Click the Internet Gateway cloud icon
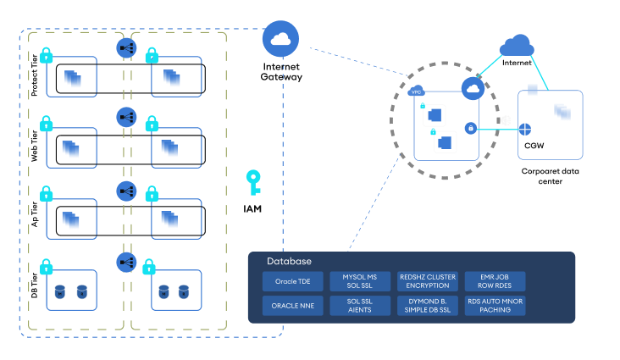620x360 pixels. tap(281, 37)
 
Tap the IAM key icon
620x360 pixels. tap(252, 182)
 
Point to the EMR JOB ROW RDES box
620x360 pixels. tap(495, 280)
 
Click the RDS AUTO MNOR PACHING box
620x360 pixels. tap(495, 305)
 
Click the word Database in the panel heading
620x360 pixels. tap(289, 261)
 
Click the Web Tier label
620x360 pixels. tap(35, 146)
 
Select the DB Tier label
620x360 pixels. tap(35, 284)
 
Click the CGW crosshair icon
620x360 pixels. tap(526, 130)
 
